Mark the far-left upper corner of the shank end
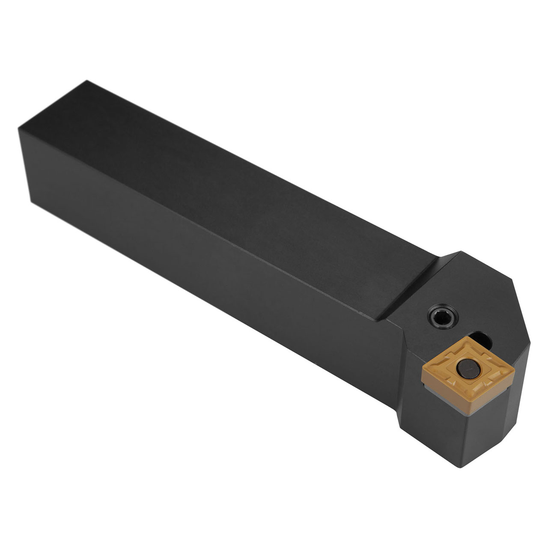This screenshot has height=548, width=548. (x=19, y=128)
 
